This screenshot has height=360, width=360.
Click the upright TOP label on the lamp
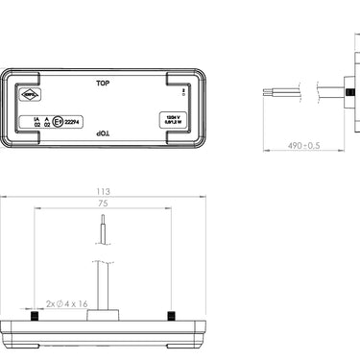point(104,84)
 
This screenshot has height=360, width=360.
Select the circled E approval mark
point(59,122)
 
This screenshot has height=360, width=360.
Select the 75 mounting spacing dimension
point(104,204)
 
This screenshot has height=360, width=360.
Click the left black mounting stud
point(36,317)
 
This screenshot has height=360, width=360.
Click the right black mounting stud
point(171,317)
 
